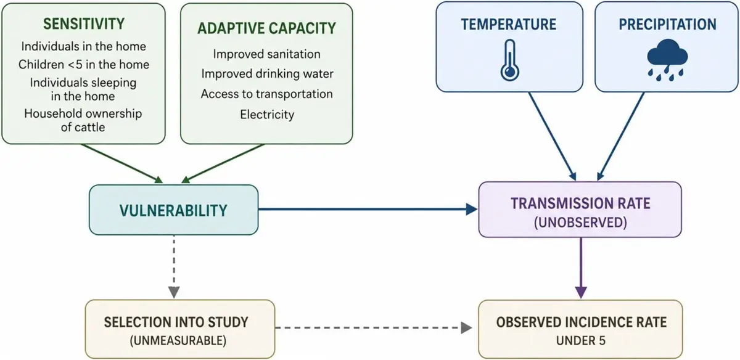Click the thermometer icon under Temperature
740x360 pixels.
tap(510, 60)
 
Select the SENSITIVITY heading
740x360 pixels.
tap(84, 24)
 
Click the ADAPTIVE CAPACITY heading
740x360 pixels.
tap(266, 28)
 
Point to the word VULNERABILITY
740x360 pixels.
tap(173, 210)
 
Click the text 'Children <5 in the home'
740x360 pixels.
tap(84, 64)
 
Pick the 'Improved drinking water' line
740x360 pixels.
tap(267, 73)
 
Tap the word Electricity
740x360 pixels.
tap(267, 115)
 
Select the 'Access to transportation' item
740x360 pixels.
tap(266, 94)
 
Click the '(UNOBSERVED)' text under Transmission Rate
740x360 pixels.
tap(580, 223)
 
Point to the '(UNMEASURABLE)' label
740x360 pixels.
tap(178, 340)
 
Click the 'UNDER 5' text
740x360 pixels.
tap(581, 340)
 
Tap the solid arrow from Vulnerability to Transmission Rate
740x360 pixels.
tap(368, 209)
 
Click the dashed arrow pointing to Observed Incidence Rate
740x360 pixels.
tap(374, 328)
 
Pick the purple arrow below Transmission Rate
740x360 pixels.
tap(581, 268)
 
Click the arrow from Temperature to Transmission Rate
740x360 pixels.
tap(553, 136)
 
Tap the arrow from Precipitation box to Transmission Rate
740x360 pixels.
tap(621, 136)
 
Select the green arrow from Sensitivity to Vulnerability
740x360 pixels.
tap(122, 163)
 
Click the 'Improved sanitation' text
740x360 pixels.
tap(266, 54)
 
